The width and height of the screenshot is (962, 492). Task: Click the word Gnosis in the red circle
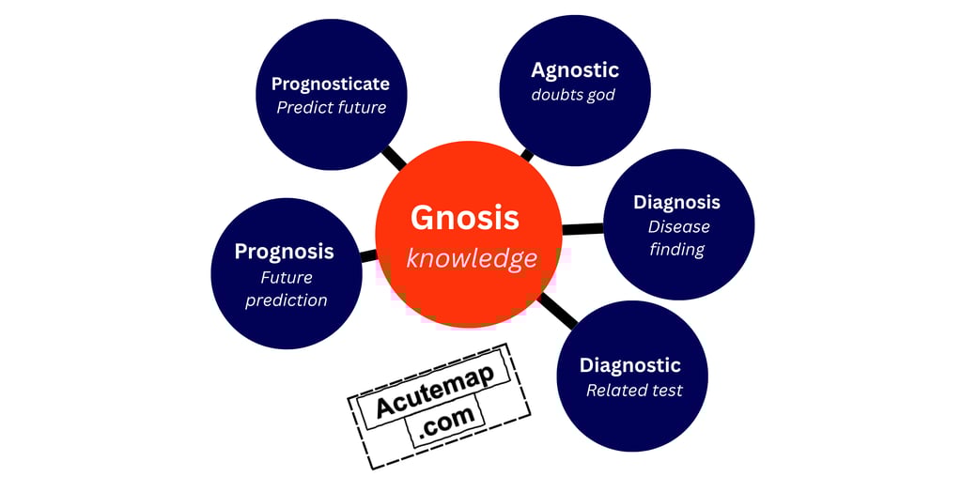464,218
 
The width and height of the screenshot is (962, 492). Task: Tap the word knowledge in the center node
472,258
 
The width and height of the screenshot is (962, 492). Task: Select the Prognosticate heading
330,85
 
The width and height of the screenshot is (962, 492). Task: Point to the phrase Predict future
331,107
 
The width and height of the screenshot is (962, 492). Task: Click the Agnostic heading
574,70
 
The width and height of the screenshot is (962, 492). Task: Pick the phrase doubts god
573,95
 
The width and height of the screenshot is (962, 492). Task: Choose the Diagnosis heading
676,202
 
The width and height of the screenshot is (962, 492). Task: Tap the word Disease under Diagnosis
678,226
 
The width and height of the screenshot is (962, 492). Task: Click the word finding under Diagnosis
676,249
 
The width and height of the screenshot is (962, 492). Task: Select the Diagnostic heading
629,365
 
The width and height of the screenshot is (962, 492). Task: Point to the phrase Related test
634,390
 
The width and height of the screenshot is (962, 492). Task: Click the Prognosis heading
284,252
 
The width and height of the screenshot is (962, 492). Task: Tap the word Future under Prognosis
287,278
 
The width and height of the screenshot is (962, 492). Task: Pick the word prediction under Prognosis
287,300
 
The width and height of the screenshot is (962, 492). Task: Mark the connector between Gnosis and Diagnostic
558,311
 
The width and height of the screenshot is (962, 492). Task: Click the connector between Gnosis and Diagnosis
582,229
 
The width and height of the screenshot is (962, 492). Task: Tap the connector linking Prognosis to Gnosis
368,254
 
